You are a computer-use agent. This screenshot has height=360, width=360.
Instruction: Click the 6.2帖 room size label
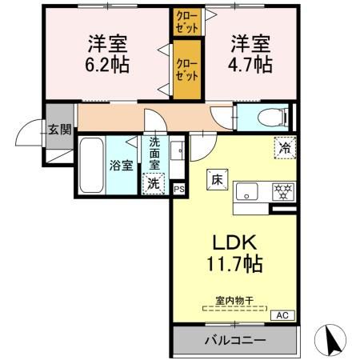coord(105,63)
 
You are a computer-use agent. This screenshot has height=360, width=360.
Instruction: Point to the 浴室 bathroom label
coord(120,167)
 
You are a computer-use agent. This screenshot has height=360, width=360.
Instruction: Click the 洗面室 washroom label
coord(154,152)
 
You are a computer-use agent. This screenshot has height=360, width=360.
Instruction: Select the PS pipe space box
coord(178,190)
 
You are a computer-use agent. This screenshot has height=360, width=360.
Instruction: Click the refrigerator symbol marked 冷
coord(283,146)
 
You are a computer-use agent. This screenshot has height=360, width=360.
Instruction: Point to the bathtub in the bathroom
coord(90,166)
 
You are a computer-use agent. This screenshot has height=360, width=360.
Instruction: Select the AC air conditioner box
coord(282,315)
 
